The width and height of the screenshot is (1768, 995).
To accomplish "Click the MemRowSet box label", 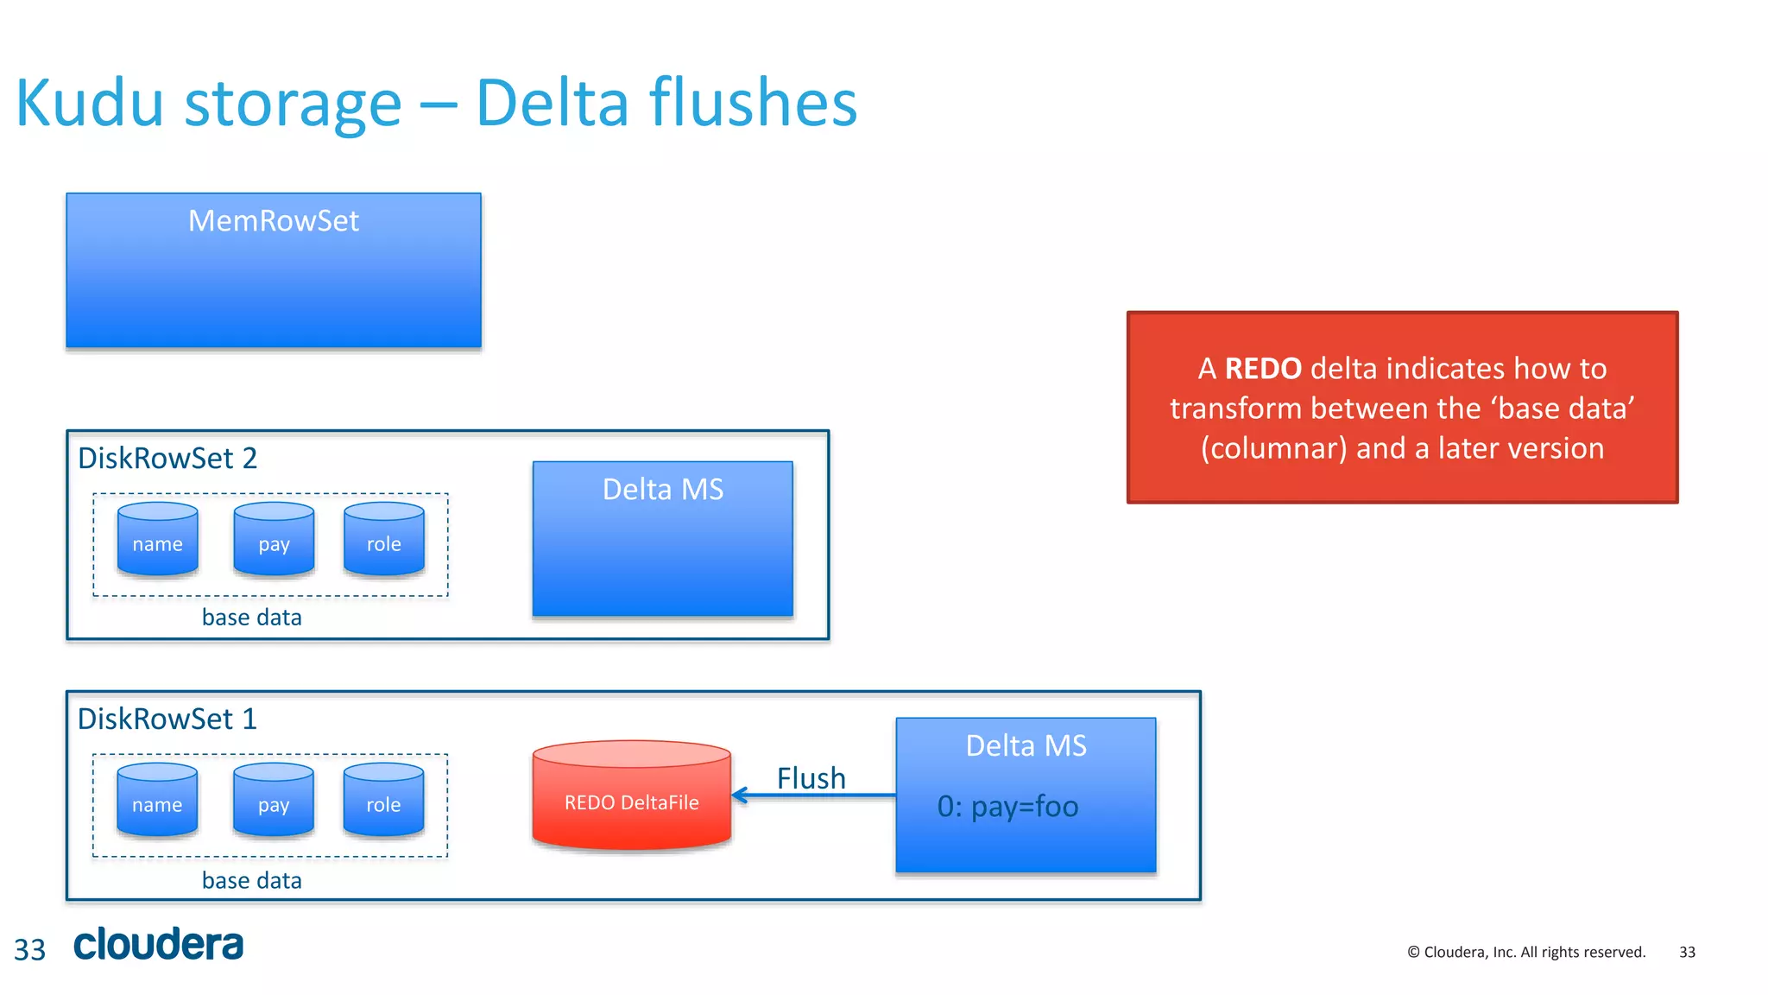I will tap(273, 221).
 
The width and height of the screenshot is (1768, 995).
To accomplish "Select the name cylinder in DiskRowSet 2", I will tap(157, 541).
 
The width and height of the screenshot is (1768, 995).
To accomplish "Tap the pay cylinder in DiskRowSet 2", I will tap(274, 541).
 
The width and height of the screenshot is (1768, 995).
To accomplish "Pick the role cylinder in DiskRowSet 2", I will tap(383, 541).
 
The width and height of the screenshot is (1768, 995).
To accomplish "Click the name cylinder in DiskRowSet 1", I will tap(157, 802).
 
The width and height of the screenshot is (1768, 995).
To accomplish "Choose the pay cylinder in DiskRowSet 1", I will tap(274, 802).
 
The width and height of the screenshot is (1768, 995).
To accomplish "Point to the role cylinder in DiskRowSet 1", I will tap(383, 802).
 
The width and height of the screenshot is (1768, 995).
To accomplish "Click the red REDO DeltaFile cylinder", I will tap(631, 796).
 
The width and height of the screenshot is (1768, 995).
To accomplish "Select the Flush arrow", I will tap(811, 795).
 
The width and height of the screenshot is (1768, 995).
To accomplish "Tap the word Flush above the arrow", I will tap(811, 777).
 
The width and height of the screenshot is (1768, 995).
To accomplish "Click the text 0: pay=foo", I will tap(1007, 807).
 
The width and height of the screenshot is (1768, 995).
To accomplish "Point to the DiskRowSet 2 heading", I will tap(167, 459).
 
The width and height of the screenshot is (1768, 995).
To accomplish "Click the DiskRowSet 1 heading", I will tap(167, 719).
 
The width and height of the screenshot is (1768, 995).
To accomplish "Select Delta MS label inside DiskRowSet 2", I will tap(662, 490).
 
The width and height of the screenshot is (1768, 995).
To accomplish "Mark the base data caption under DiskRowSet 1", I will tap(251, 880).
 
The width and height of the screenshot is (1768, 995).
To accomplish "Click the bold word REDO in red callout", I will tap(1262, 369).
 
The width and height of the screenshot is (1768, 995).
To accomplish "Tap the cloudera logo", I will tap(159, 945).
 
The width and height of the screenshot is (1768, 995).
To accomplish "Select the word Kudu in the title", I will tap(90, 104).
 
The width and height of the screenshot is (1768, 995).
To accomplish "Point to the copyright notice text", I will tap(1525, 952).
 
